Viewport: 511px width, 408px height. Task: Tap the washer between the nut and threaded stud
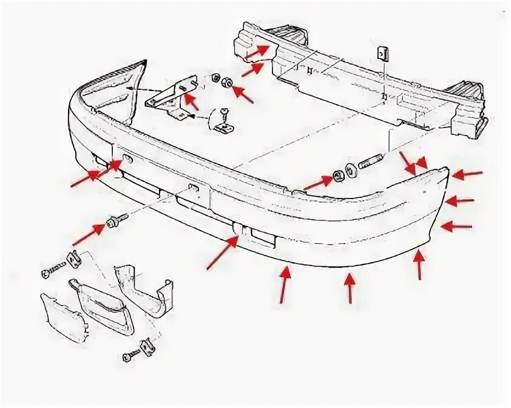coord(351,169)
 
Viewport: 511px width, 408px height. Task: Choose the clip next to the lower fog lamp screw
coord(147,345)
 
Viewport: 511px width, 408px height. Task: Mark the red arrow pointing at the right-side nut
coord(316,182)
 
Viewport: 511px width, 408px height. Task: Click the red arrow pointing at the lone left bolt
coord(88,233)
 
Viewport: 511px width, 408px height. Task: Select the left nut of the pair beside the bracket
coord(215,77)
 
